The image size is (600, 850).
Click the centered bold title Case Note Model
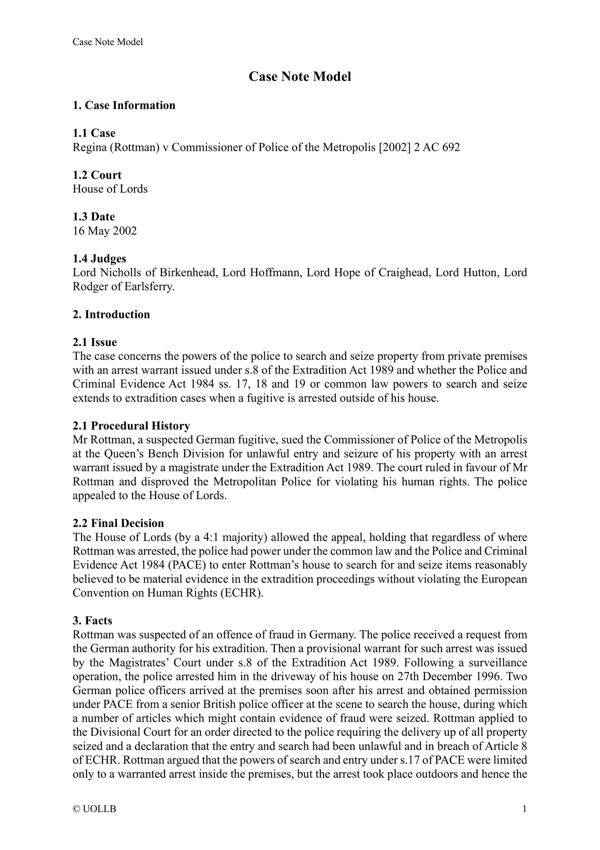click(x=300, y=76)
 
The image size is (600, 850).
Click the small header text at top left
click(x=108, y=42)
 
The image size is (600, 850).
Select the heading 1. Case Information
click(x=124, y=105)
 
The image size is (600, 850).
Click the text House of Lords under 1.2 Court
click(x=110, y=189)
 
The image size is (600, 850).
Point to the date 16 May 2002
click(x=105, y=231)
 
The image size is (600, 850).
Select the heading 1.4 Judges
click(x=99, y=259)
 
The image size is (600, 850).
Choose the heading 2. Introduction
click(x=111, y=314)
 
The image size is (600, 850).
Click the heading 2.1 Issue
click(x=95, y=342)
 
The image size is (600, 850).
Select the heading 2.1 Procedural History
click(x=131, y=426)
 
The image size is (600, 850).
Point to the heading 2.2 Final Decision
click(x=118, y=523)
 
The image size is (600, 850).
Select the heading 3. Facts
click(x=92, y=621)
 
